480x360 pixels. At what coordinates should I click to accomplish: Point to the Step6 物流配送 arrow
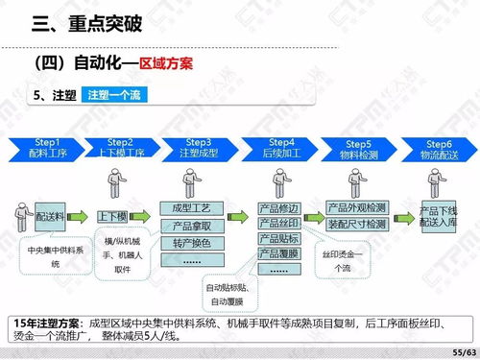[x=437, y=148]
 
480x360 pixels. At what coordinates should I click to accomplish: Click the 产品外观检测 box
[x=357, y=207]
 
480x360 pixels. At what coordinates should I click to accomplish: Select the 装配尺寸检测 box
[x=357, y=224]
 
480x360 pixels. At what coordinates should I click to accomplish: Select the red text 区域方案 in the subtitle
[x=167, y=63]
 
